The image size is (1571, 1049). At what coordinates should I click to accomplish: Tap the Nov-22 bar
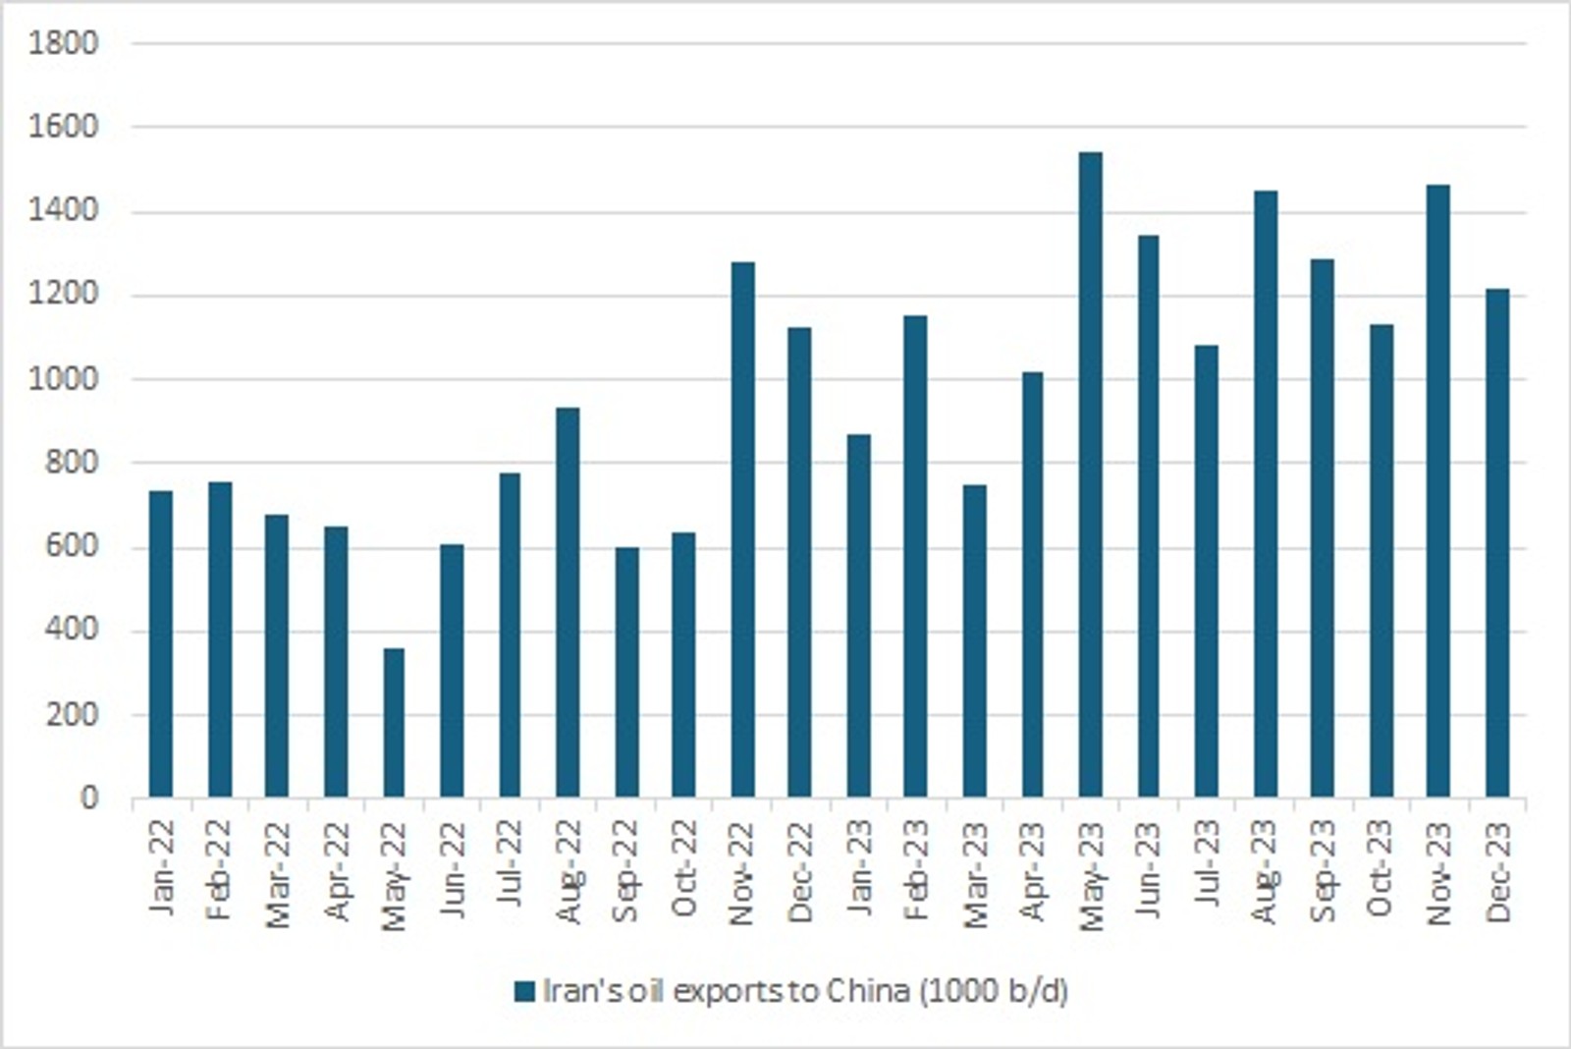[x=742, y=529]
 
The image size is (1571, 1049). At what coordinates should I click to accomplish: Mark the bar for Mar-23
[x=974, y=640]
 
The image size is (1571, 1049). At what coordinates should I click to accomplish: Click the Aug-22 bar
[x=568, y=602]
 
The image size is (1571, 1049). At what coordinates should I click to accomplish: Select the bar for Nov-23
[x=1438, y=490]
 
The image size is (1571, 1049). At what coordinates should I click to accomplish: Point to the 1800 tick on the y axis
[x=65, y=43]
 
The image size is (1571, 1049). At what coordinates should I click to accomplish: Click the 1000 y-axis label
[x=65, y=379]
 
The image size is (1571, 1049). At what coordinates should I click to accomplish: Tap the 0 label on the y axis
[x=89, y=799]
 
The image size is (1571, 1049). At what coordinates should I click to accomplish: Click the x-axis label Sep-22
[x=625, y=871]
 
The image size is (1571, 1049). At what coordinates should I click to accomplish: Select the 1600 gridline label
[x=65, y=127]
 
